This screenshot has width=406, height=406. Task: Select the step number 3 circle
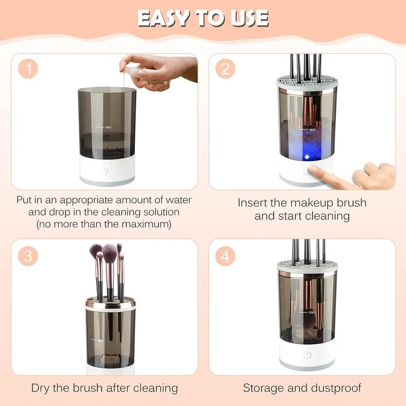(28, 256)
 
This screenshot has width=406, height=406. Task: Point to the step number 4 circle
(225, 256)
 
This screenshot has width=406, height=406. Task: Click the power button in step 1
(104, 171)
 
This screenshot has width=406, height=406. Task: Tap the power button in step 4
(307, 355)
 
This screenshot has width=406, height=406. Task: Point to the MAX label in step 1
(109, 126)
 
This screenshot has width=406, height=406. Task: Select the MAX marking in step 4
(312, 313)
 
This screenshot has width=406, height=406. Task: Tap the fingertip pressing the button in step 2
(312, 170)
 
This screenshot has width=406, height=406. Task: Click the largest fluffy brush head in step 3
(110, 253)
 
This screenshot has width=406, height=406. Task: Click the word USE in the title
(246, 18)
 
